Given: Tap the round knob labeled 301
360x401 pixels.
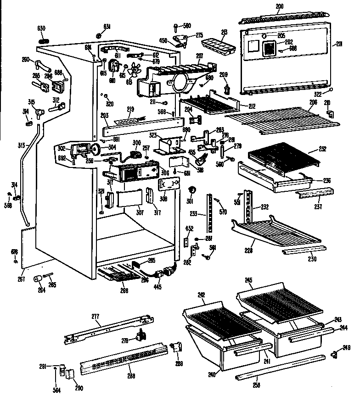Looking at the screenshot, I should click(192, 190).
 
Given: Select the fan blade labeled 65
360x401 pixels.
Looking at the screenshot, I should click(135, 71).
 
